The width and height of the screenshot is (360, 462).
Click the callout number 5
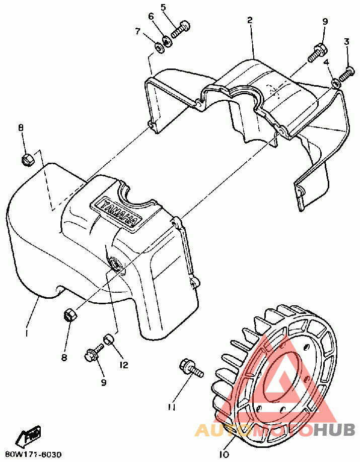(x=163, y=7)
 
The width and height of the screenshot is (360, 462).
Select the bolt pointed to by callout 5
(x=180, y=29)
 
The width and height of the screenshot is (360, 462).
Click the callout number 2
(x=250, y=20)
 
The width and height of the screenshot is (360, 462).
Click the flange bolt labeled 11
(x=191, y=368)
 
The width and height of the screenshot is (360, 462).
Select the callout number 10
(x=224, y=454)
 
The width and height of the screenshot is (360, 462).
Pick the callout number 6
(x=151, y=17)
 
